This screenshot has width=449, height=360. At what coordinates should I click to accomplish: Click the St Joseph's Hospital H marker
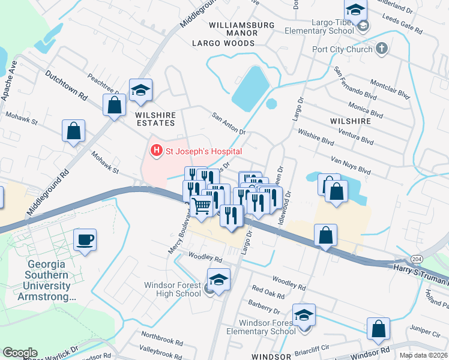[156, 150]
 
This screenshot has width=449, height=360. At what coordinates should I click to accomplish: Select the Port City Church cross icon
[381, 49]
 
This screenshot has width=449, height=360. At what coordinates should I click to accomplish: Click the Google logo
[20, 352]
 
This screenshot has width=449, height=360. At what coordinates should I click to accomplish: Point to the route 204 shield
[416, 258]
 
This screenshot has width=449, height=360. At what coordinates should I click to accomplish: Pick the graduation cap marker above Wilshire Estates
[141, 90]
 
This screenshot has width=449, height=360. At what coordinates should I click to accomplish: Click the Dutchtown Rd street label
[65, 85]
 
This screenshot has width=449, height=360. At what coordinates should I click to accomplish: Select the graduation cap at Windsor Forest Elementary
[304, 315]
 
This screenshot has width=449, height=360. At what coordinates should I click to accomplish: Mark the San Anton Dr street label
[229, 122]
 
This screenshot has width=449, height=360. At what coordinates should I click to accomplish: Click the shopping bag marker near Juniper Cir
[378, 328]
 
